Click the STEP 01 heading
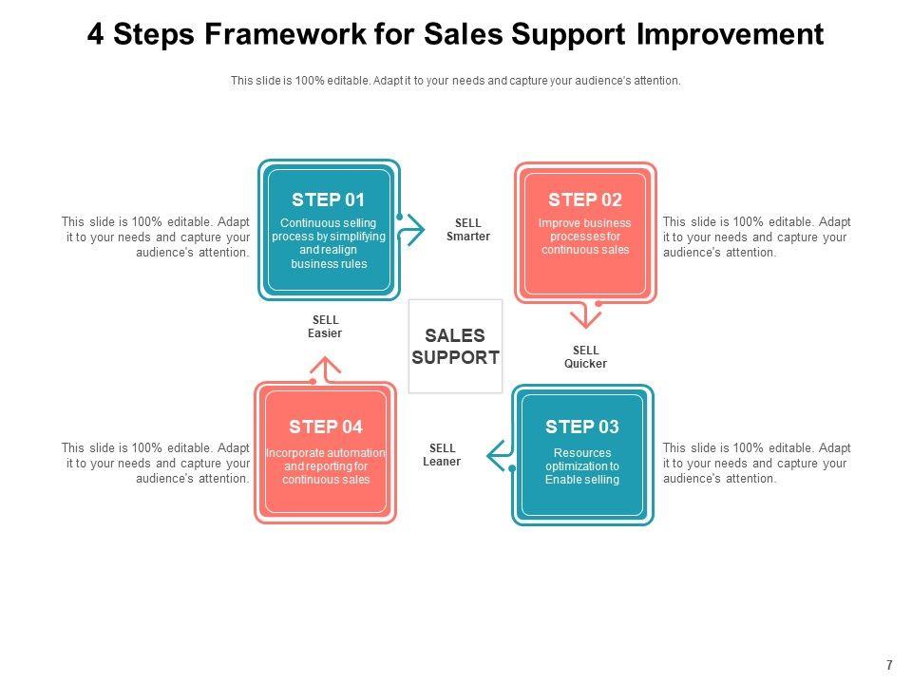(x=328, y=199)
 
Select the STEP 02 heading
(x=585, y=199)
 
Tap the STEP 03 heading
(x=582, y=427)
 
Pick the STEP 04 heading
(x=326, y=427)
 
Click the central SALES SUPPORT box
(x=455, y=347)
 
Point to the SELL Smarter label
(x=468, y=230)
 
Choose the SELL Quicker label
(x=585, y=357)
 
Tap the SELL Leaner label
(x=442, y=455)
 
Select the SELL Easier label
(x=325, y=327)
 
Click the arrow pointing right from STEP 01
(x=412, y=231)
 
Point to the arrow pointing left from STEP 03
(x=498, y=456)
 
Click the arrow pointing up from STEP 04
(x=326, y=369)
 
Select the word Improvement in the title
(x=730, y=35)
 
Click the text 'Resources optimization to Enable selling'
(x=582, y=466)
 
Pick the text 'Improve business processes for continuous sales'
(x=585, y=237)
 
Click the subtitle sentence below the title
(x=456, y=82)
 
